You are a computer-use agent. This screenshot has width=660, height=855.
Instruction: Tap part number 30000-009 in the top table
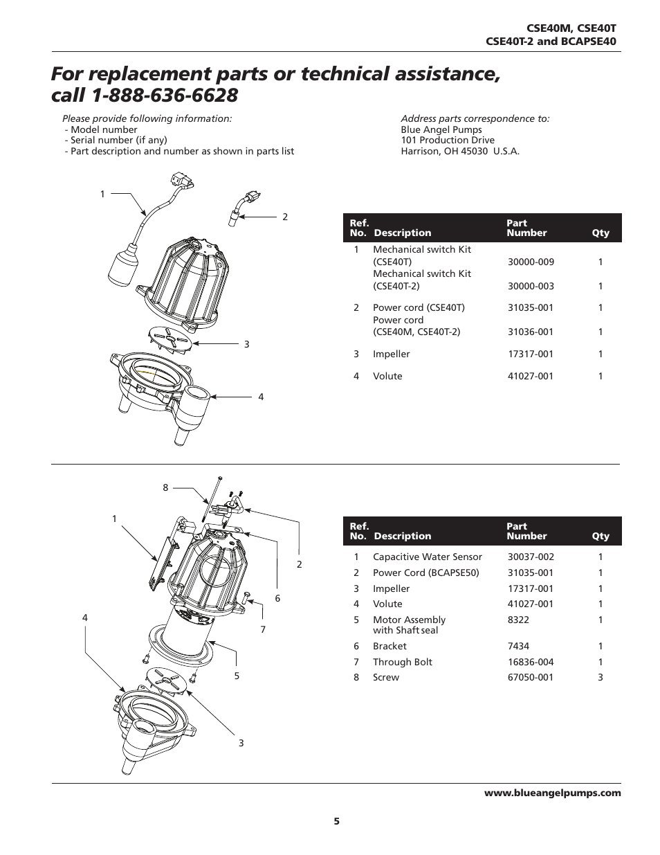click(x=531, y=262)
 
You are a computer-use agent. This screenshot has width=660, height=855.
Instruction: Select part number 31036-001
click(x=531, y=332)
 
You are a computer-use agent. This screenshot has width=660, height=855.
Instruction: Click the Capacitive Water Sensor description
click(x=427, y=557)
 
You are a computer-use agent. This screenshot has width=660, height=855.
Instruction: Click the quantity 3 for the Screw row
click(x=601, y=677)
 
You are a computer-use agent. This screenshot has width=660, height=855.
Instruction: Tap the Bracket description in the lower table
click(x=389, y=646)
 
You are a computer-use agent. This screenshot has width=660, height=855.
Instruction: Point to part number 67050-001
click(x=531, y=677)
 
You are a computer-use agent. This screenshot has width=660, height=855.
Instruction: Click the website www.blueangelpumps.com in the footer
click(x=552, y=793)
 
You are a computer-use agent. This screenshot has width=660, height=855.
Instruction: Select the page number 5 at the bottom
click(x=337, y=821)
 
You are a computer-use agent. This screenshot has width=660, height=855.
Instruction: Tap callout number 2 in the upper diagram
click(x=284, y=217)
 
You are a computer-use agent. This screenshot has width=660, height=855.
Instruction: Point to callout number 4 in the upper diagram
click(x=261, y=397)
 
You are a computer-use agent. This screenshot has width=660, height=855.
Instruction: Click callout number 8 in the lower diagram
click(x=165, y=487)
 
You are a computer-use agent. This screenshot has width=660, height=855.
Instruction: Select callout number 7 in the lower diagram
click(x=263, y=629)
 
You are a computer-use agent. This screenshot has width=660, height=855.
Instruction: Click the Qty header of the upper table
click(x=601, y=233)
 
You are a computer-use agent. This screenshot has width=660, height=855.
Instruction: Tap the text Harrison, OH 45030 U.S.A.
click(x=460, y=151)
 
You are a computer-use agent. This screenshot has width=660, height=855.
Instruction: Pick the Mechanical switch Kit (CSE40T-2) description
click(x=421, y=280)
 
